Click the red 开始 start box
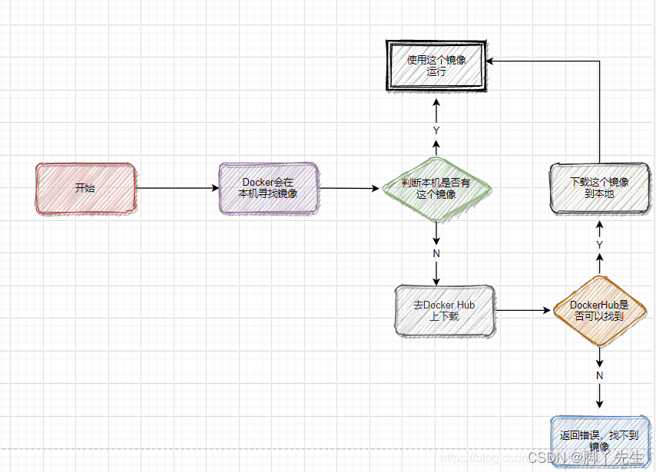pos(85,188)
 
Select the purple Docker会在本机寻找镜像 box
pos(267,188)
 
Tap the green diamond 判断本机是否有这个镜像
pos(436,188)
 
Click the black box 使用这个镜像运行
pos(436,65)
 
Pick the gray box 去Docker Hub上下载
pos(444,310)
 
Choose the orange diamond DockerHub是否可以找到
pos(599,310)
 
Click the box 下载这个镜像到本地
pos(599,188)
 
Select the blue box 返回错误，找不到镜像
pos(599,440)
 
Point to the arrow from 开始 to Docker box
pos(177,188)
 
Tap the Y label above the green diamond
pos(436,130)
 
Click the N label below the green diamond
pos(436,253)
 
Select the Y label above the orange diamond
pos(600,244)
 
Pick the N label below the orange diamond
pos(600,375)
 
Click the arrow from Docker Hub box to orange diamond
pos(524,310)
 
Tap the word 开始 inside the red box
pos(85,188)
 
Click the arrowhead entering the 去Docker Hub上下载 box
pos(436,280)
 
